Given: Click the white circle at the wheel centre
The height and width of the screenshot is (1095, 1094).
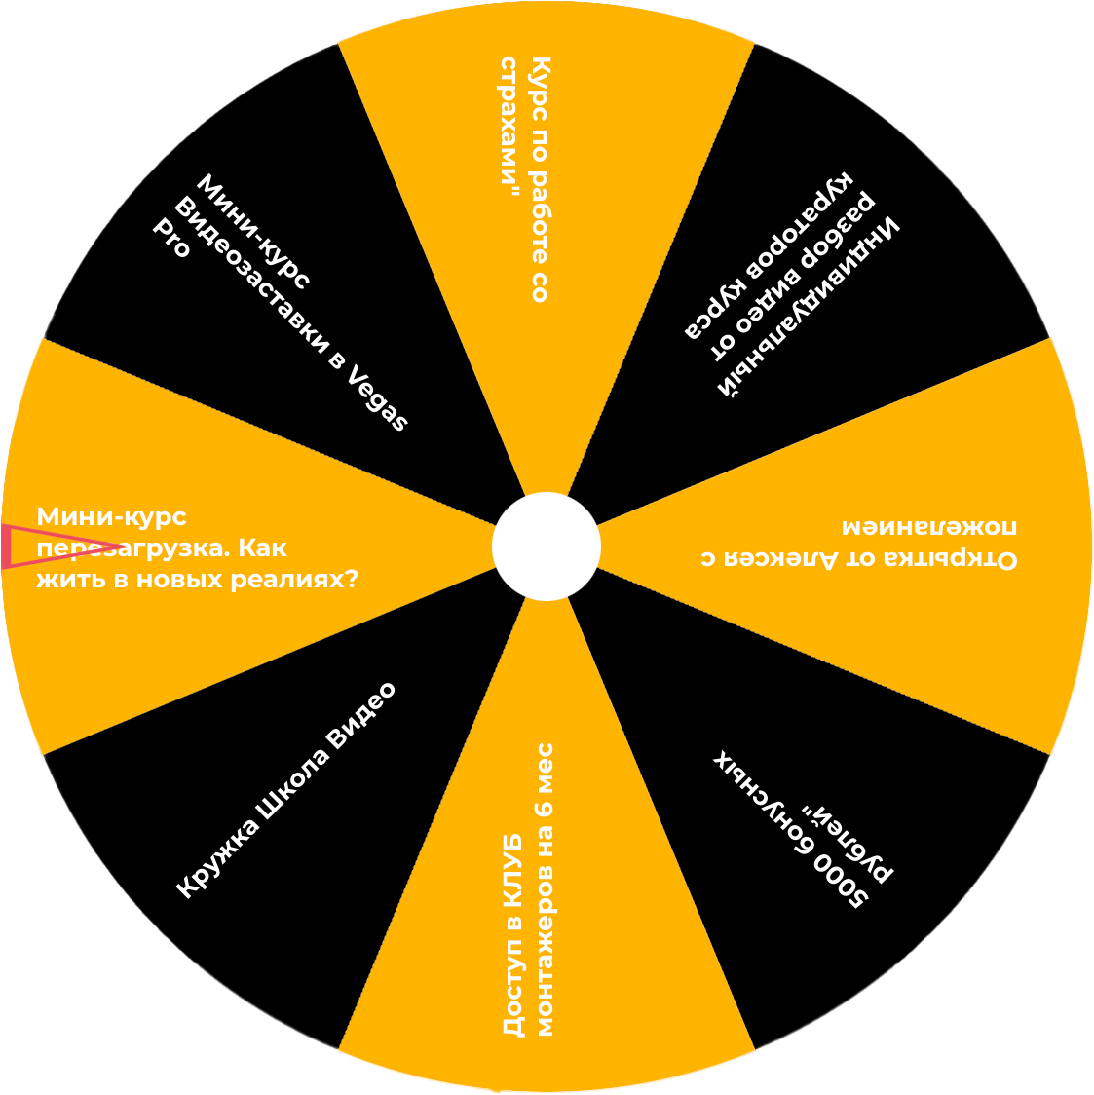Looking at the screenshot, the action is [x=546, y=547].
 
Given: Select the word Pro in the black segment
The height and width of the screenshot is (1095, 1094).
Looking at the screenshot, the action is [x=171, y=237].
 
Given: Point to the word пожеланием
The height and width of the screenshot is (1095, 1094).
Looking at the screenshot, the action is [x=929, y=527].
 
